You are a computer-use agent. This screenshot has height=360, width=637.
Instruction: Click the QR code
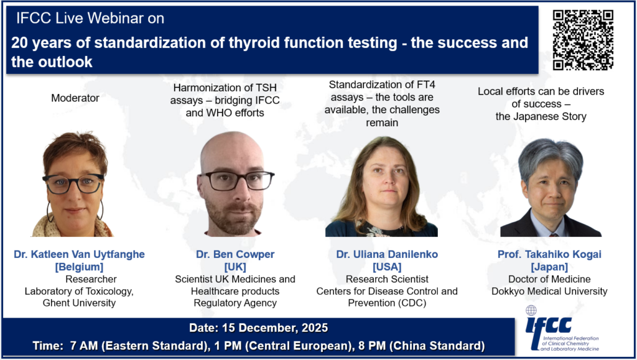[x=583, y=40]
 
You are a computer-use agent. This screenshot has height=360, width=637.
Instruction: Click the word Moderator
[x=75, y=98]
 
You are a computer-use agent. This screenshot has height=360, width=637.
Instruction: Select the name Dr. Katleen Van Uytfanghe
[x=79, y=254]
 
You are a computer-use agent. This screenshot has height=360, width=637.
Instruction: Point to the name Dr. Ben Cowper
[x=235, y=254]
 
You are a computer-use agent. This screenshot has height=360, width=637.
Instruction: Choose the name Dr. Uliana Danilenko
[x=387, y=254]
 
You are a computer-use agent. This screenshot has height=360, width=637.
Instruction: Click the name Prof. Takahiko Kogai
[x=549, y=254]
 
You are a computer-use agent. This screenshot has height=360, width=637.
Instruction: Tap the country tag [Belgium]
[x=79, y=267]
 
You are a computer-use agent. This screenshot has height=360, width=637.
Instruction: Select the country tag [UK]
[x=235, y=267]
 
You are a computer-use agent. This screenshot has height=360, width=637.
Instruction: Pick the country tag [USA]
[x=387, y=267]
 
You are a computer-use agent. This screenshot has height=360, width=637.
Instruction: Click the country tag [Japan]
[x=549, y=267]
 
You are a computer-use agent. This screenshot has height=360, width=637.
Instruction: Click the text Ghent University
[x=79, y=303]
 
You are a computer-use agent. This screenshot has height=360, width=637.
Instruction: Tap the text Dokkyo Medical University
[x=549, y=292]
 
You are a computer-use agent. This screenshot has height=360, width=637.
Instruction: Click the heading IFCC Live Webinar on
[x=90, y=18]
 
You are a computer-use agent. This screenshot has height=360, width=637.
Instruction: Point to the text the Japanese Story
[x=541, y=117]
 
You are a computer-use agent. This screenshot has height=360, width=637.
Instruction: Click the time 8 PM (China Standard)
[x=422, y=346]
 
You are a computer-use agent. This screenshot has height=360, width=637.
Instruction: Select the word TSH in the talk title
[x=266, y=88]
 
